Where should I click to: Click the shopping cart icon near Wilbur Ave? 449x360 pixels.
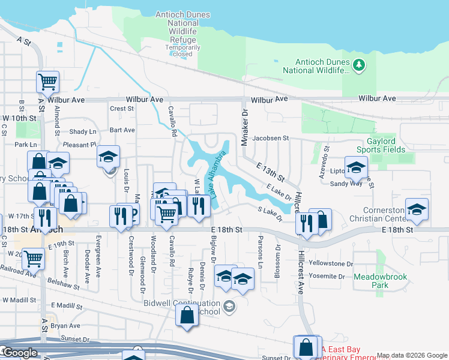pyautogui.click(x=47, y=81)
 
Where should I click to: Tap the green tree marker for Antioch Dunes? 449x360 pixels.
pyautogui.click(x=359, y=65)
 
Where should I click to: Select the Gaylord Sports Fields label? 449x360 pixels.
pyautogui.click(x=376, y=145)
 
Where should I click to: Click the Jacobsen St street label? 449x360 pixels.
pyautogui.click(x=271, y=138)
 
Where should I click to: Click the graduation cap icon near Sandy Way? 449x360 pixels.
pyautogui.click(x=356, y=167)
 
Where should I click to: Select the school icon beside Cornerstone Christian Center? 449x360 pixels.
pyautogui.click(x=417, y=209)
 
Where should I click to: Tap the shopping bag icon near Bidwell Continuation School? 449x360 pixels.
pyautogui.click(x=187, y=314)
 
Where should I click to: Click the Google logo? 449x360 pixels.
pyautogui.click(x=20, y=353)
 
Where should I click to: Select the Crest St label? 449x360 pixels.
pyautogui.click(x=122, y=109)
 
